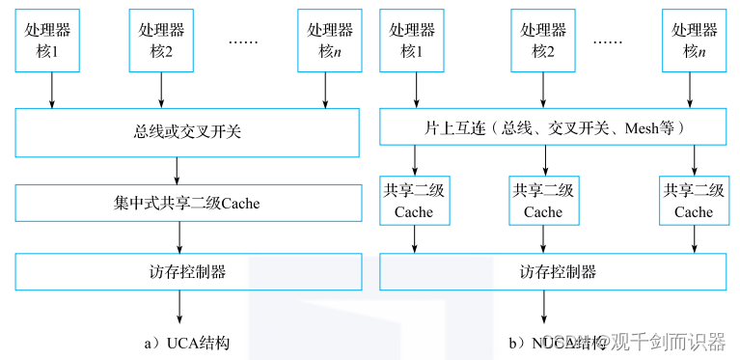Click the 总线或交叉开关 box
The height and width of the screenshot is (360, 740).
pyautogui.click(x=189, y=130)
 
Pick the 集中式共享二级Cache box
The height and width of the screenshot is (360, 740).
pyautogui.click(x=189, y=204)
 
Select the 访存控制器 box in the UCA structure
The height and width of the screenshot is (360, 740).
pyautogui.click(x=189, y=271)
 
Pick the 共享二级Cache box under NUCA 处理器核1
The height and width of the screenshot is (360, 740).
pyautogui.click(x=413, y=201)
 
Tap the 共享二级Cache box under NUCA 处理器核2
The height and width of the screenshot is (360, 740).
pyautogui.click(x=543, y=201)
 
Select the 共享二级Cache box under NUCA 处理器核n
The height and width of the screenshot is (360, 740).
pyautogui.click(x=694, y=201)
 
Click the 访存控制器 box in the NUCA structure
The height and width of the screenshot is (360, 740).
pyautogui.click(x=553, y=271)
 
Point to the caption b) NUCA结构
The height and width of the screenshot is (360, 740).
pyautogui.click(x=559, y=342)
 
